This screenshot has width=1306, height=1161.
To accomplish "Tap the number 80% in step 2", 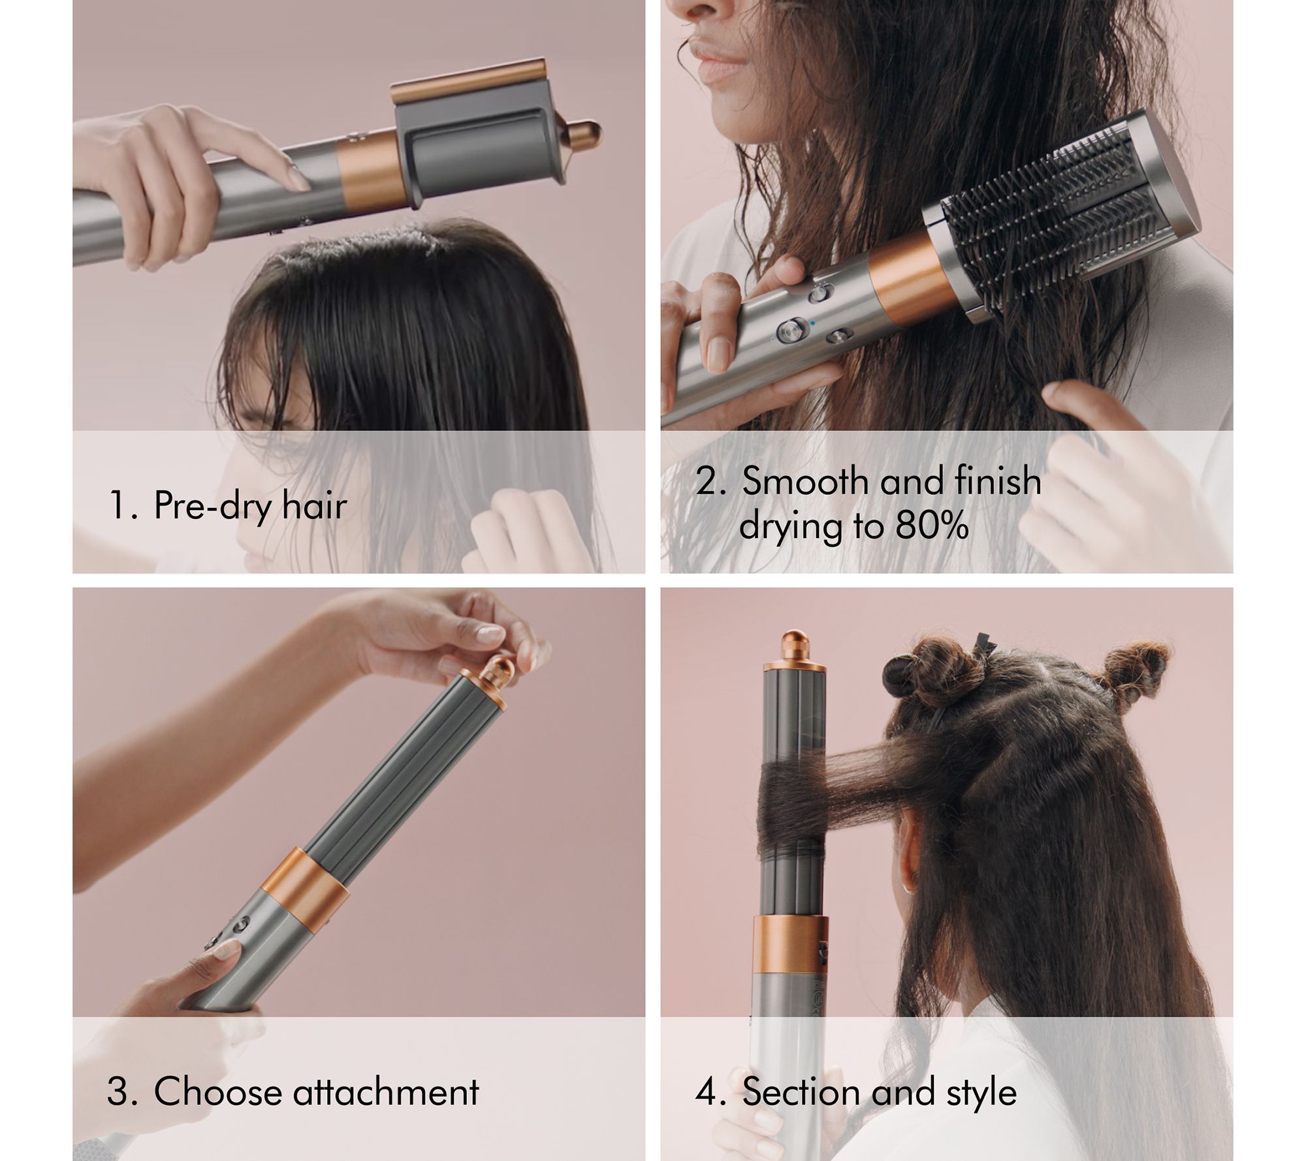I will click(x=931, y=525).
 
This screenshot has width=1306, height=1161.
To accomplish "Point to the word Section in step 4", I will click(x=803, y=1091).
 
